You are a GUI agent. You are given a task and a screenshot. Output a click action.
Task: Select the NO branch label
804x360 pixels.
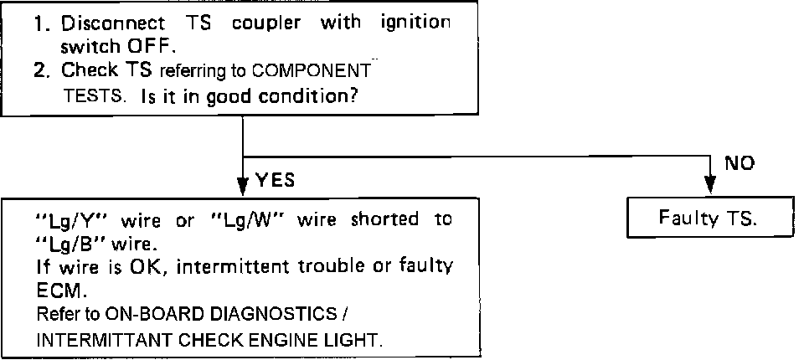point(740,164)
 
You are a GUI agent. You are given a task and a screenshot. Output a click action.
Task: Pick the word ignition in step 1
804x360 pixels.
point(415,23)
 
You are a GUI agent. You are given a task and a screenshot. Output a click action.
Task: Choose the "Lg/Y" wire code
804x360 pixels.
point(75,221)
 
